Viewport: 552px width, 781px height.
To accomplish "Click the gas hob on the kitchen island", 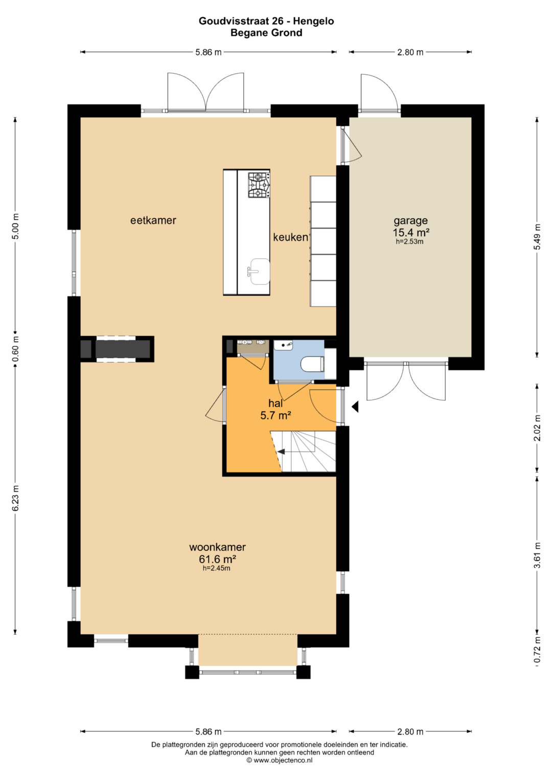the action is tap(259, 185).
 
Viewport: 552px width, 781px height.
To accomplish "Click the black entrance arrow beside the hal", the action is tap(355, 407).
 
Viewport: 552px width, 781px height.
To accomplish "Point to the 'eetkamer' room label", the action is tap(153, 220).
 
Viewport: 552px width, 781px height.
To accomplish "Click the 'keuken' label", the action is tap(290, 237).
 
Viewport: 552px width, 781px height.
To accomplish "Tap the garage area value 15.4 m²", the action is tap(411, 232).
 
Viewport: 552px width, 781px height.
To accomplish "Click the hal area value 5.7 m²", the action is tap(275, 415).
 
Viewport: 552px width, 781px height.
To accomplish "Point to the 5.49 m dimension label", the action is tap(538, 237).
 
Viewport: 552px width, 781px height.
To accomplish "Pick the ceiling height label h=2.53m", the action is tap(409, 241).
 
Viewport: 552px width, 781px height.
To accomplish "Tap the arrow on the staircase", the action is tap(281, 452).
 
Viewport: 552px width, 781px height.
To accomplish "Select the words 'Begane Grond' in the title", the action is tap(266, 33).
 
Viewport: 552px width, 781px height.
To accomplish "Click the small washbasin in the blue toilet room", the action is tap(284, 345).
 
